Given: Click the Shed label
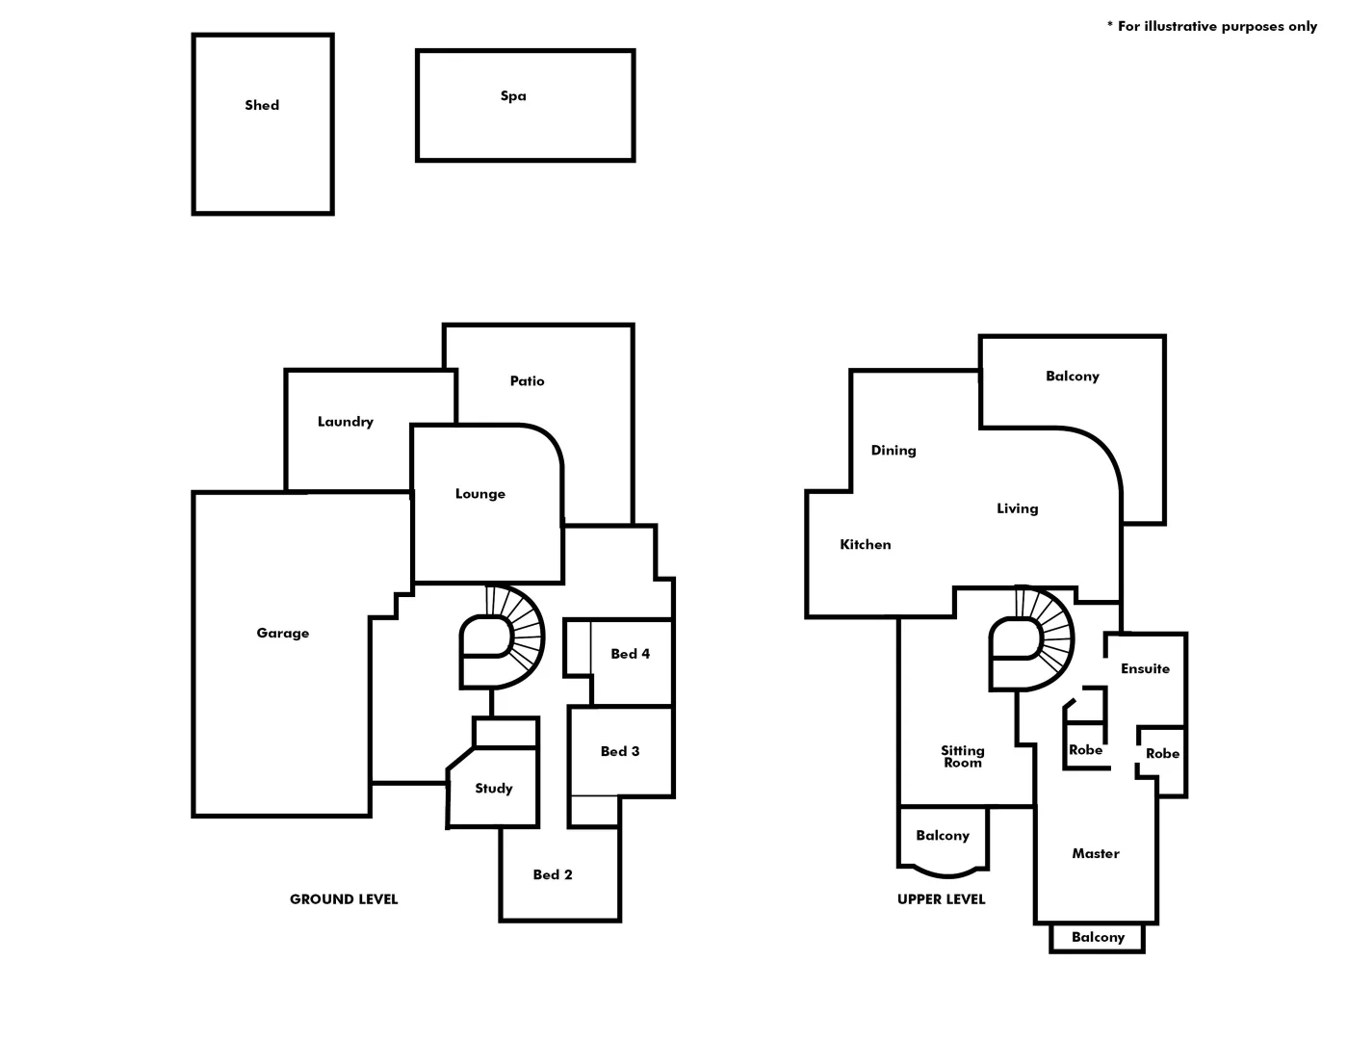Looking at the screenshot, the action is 262,105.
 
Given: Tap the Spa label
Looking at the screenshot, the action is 513,95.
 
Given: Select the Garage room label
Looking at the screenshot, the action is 283,633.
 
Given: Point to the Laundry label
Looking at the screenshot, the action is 346,421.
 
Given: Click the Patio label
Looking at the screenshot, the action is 527,380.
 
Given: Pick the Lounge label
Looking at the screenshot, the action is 480,493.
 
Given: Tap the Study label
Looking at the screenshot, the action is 494,788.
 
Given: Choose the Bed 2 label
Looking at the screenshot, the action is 553,874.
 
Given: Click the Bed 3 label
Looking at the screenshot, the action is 620,751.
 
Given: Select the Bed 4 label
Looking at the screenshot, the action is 630,654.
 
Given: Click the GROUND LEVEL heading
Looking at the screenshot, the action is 344,898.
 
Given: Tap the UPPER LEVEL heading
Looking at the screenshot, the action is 941,898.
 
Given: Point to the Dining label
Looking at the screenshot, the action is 894,450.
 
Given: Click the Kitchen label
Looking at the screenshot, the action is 866,544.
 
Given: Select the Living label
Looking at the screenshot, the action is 1017,508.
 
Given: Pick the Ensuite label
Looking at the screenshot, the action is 1145,668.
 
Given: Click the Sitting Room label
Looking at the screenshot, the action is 963,756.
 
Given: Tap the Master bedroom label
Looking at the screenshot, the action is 1096,853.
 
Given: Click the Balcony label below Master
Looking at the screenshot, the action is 1098,937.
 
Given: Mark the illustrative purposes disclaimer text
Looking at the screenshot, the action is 1212,26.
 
